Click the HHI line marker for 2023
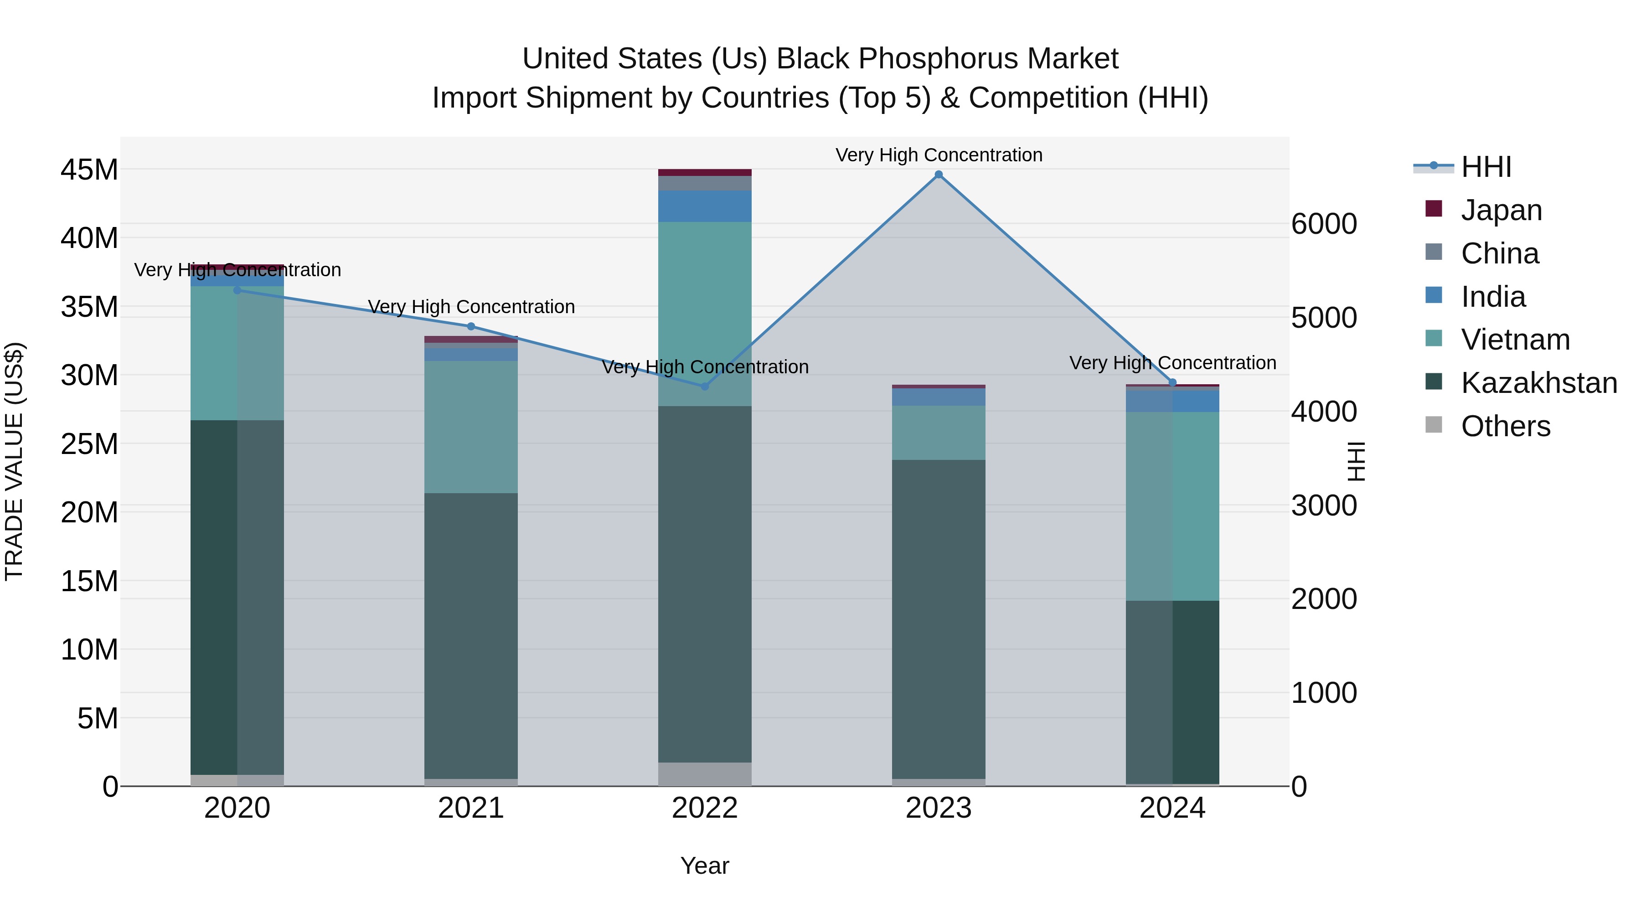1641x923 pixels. tap(939, 175)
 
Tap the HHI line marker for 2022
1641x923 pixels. tap(705, 387)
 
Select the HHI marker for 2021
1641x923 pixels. tap(471, 327)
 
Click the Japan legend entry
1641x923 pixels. tap(1501, 210)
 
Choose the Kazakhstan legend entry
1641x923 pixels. tap(1538, 383)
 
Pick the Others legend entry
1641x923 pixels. tap(1505, 426)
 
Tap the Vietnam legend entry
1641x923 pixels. tap(1515, 340)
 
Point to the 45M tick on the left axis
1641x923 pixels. tap(89, 170)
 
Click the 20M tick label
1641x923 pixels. tap(89, 512)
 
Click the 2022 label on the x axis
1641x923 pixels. tap(705, 808)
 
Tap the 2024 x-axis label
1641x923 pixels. tap(1172, 808)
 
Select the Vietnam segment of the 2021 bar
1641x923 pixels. tap(471, 427)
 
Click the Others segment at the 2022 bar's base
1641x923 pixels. tap(705, 774)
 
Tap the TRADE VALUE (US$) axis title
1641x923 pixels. tap(14, 461)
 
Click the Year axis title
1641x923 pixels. tap(705, 866)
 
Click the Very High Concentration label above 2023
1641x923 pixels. tap(939, 155)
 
